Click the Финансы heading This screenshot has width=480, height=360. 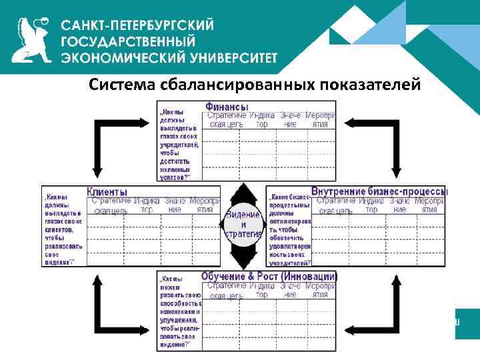tap(227, 107)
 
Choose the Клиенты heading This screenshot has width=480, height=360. tap(107, 192)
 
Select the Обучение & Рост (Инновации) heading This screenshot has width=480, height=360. tap(269, 276)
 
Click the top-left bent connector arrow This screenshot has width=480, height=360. tap(117, 143)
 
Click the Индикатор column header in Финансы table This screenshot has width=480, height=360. tap(263, 120)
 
